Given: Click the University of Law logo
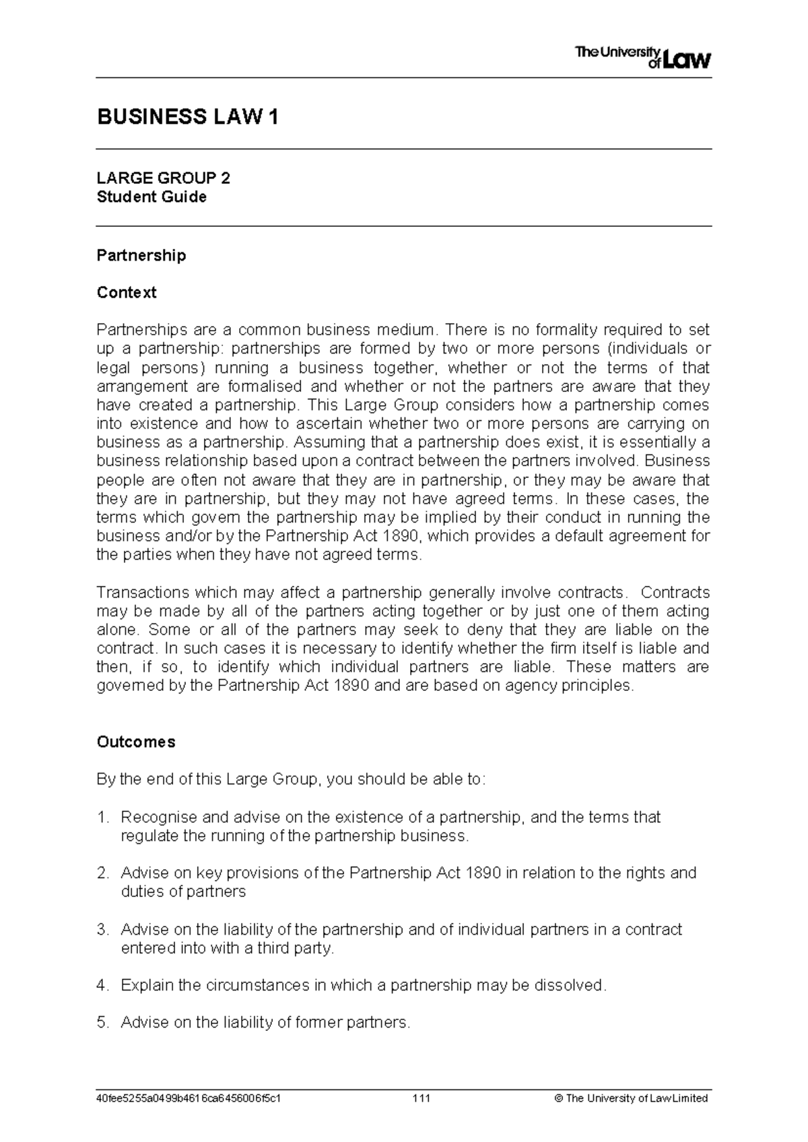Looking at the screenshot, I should (x=643, y=58).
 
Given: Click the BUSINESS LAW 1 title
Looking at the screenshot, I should (x=188, y=117).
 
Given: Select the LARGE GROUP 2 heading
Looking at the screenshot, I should (x=163, y=178).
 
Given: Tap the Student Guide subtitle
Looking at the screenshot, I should (x=151, y=197).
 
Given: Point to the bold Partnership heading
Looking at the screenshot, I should (x=141, y=255).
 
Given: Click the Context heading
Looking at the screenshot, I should (x=127, y=292).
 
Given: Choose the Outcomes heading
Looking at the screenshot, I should (x=136, y=741).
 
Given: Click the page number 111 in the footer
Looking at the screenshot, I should (x=422, y=1098).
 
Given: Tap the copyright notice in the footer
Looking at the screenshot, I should (x=630, y=1098).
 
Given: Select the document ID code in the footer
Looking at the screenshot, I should (x=189, y=1098).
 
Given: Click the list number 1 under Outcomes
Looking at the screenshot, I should (x=102, y=817).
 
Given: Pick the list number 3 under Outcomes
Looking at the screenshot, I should (x=102, y=930).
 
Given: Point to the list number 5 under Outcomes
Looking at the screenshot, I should (x=102, y=1022).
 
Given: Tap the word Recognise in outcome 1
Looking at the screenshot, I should (x=159, y=817).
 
